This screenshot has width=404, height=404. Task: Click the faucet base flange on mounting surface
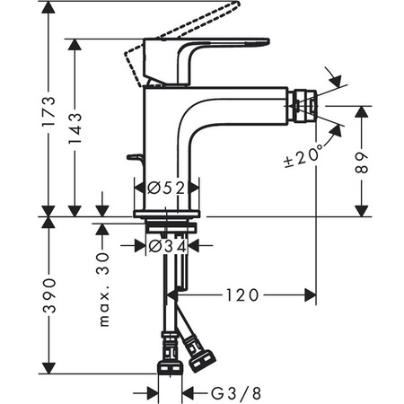[x=170, y=214]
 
